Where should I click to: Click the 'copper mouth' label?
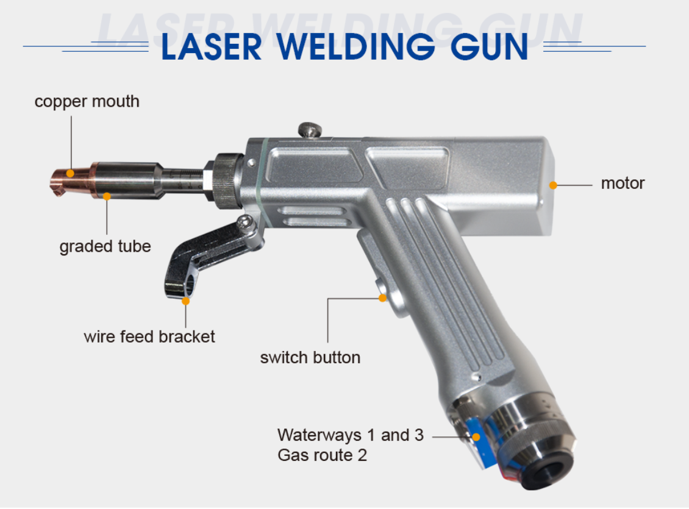(x=87, y=101)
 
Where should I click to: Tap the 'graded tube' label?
(x=105, y=246)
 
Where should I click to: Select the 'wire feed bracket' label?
(x=149, y=336)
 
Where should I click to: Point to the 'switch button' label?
(x=310, y=357)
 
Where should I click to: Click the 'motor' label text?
(x=623, y=183)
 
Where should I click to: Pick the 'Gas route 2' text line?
(x=322, y=455)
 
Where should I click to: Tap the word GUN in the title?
(x=493, y=47)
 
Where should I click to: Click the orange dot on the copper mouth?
(x=70, y=173)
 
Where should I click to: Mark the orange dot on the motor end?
(x=553, y=183)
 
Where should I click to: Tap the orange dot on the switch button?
(x=382, y=298)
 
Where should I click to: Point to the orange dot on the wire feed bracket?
(x=185, y=301)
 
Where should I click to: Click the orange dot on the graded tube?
(x=107, y=196)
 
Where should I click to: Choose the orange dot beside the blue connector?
(x=476, y=436)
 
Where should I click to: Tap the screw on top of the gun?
(x=310, y=130)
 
